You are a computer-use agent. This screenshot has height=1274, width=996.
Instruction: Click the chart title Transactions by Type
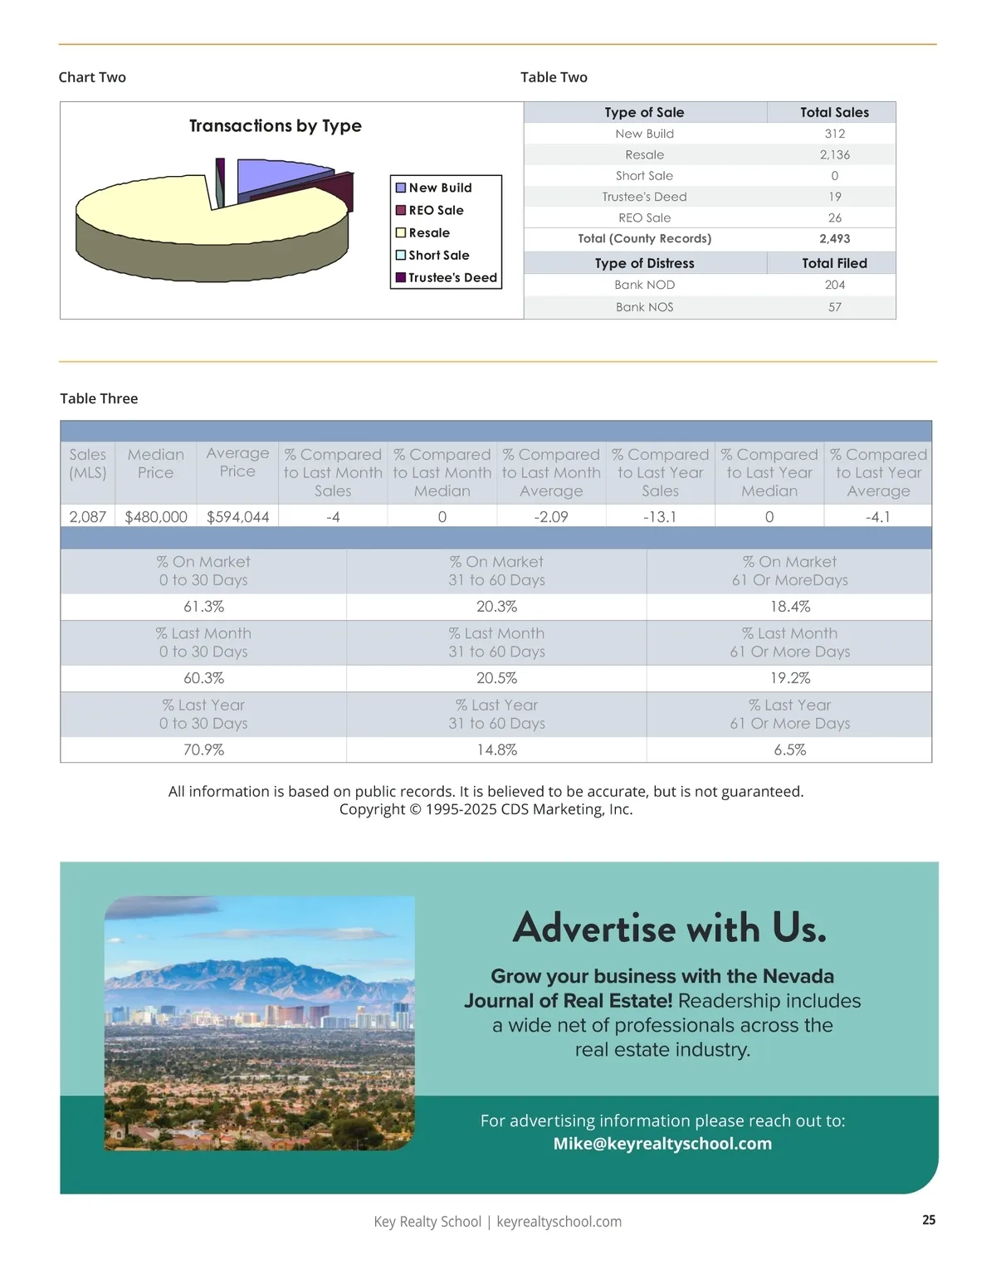coord(275,126)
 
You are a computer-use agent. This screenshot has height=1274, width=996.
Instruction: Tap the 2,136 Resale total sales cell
coord(834,155)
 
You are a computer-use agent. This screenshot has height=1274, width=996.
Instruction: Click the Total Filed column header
coord(834,263)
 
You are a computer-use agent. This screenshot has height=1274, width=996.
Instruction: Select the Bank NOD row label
coord(644,285)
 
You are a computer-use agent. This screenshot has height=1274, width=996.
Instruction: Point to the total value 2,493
coord(834,239)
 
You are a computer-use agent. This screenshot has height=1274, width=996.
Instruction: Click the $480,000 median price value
coord(156,517)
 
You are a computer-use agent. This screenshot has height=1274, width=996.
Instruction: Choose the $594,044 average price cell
coord(237,517)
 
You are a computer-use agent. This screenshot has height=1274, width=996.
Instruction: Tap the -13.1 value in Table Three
coord(660,517)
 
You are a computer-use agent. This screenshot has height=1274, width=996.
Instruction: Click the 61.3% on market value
coord(203,607)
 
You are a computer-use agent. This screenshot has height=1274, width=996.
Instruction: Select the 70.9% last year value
coord(203,749)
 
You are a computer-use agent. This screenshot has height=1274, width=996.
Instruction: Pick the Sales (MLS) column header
coord(87,463)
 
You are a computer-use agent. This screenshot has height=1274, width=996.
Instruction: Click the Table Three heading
coord(99,398)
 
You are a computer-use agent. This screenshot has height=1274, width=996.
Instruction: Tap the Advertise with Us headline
coord(669,928)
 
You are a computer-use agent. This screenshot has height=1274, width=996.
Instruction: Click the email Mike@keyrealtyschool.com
coord(662,1144)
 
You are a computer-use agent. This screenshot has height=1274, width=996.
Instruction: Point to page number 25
coord(929,1220)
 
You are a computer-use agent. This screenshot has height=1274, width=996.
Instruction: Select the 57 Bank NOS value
coord(834,307)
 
